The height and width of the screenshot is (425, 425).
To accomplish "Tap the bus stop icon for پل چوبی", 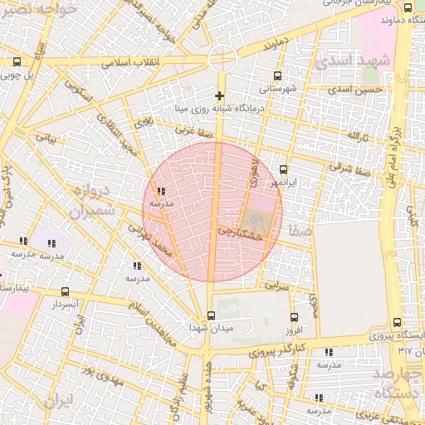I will click(17, 61).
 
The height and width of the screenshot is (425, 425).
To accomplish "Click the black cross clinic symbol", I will click(219, 95).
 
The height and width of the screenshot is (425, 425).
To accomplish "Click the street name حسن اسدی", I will click(354, 89).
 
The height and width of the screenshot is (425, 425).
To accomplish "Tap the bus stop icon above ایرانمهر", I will click(284, 169).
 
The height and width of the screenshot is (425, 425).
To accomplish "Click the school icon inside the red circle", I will click(160, 191).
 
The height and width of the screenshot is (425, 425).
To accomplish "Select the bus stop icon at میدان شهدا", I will click(211, 315).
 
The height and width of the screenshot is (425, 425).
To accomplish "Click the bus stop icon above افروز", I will click(293, 317).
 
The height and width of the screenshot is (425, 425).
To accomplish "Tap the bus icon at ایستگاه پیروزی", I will click(395, 322).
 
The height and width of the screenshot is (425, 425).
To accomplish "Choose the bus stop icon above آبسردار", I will click(66, 291).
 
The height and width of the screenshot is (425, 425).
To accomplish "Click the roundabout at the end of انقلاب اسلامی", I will click(222, 57).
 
